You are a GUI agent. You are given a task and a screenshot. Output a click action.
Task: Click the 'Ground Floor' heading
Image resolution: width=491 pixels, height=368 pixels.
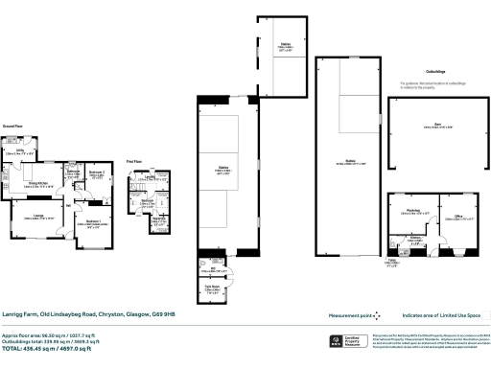tap(12, 126)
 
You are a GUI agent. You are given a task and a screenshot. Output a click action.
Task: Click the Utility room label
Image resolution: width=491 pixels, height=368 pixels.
tap(19, 150)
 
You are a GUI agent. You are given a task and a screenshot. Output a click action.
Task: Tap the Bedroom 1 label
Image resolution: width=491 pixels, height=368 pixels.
tap(92, 220)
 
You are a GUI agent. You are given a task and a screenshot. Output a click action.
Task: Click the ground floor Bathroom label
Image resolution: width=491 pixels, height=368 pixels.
tap(73, 171)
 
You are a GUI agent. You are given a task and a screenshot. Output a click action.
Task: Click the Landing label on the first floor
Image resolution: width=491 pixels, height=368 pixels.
tap(151, 176)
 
